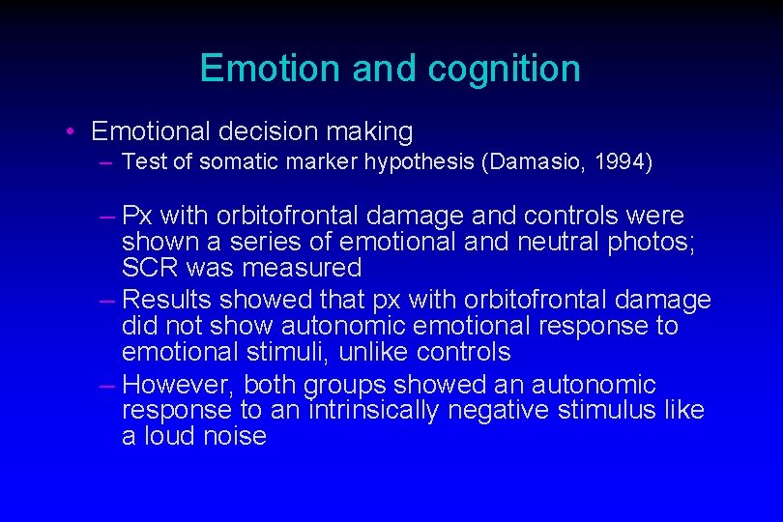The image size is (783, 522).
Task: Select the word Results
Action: [167, 301]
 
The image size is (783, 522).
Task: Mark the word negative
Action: [506, 410]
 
